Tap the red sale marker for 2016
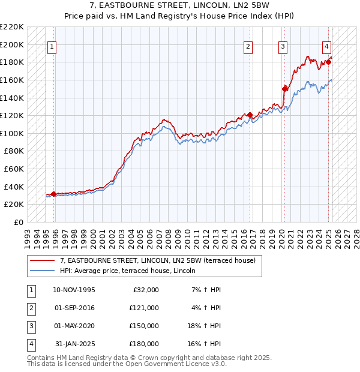(x=250, y=115)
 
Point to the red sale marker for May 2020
(x=284, y=88)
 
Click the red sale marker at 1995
(x=54, y=194)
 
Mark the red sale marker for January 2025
(x=329, y=62)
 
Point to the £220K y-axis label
(x=12, y=27)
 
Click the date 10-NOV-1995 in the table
(x=74, y=290)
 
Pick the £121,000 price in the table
(x=144, y=308)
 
